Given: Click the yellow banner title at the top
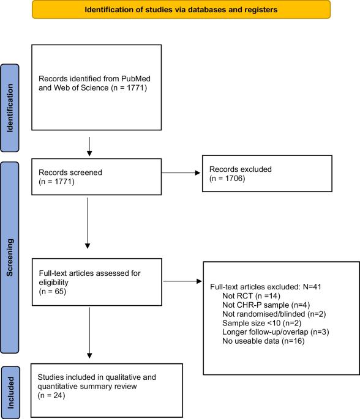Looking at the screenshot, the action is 181,10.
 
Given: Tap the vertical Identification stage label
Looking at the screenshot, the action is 10,108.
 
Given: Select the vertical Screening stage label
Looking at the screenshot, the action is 10,258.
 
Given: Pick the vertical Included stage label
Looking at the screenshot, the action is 10,393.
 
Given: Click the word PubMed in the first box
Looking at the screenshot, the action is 135,78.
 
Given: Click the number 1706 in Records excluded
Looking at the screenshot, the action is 234,178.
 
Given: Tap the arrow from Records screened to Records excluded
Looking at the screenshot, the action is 181,173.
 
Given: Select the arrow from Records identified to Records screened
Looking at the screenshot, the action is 89,147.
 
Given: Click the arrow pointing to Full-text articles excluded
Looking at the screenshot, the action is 182,281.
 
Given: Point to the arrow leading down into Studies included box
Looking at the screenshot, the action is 89,333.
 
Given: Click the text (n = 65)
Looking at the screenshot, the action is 53,291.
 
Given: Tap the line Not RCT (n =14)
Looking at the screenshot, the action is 251,296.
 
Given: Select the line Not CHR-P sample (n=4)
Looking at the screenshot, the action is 266,305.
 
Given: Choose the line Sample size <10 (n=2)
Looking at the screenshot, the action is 262,323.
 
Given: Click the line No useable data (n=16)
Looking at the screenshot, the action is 263,341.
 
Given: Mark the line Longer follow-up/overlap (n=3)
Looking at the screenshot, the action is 276,332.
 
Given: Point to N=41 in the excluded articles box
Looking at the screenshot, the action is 312,287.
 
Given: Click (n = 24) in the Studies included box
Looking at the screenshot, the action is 51,396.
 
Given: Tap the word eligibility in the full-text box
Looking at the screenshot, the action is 53,283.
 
